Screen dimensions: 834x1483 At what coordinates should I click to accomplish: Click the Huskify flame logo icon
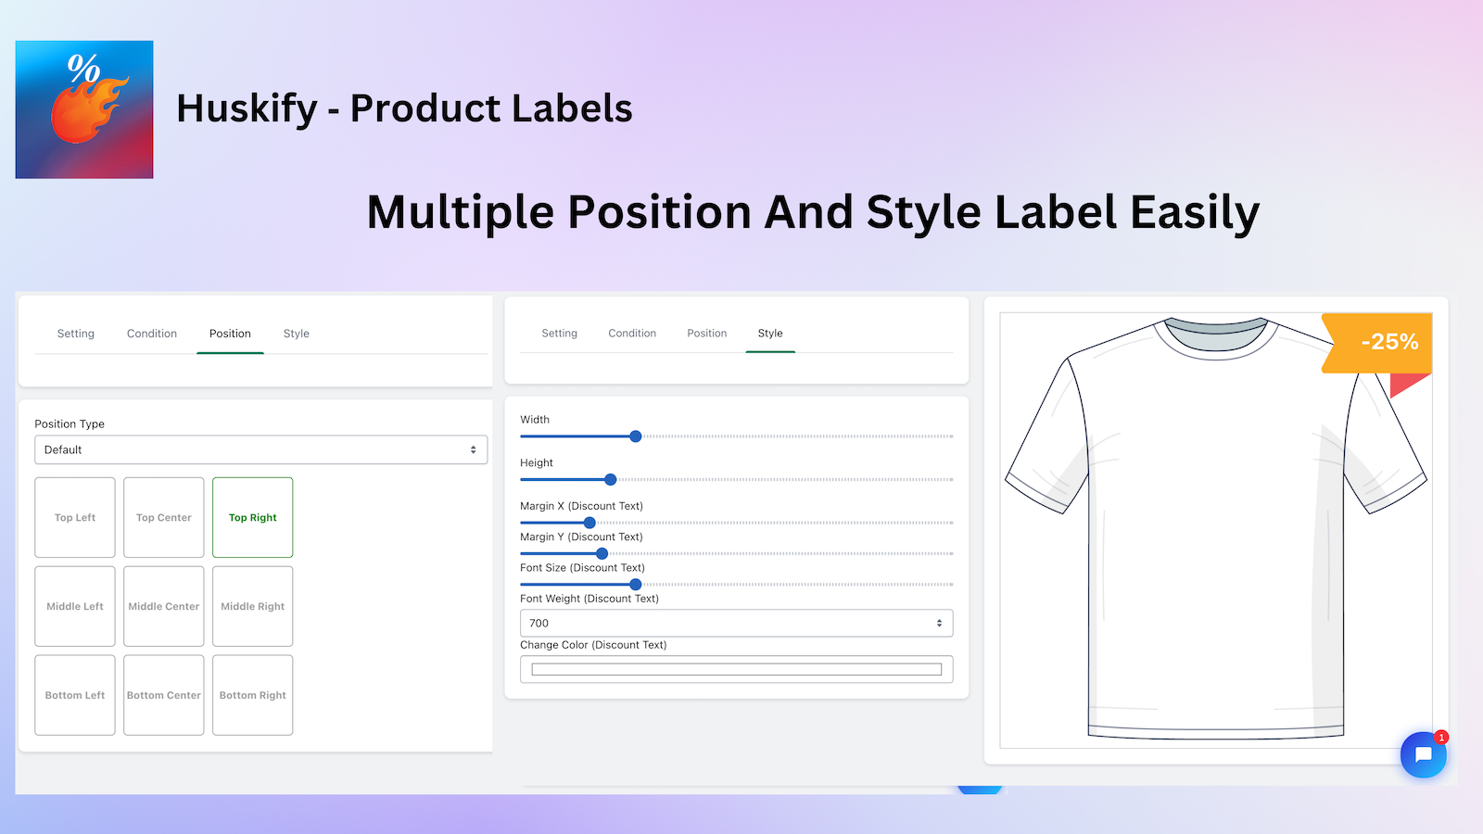pyautogui.click(x=84, y=109)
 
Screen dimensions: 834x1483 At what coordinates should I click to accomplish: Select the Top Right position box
pyautogui.click(x=252, y=517)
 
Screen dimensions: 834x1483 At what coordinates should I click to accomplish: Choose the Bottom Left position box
pyautogui.click(x=75, y=695)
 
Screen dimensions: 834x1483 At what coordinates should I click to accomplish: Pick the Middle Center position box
pyautogui.click(x=164, y=606)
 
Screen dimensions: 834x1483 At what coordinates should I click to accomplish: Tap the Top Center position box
pyautogui.click(x=164, y=517)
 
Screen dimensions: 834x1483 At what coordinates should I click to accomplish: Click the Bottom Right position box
pyautogui.click(x=252, y=695)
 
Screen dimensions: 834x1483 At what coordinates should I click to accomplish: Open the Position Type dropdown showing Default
pyautogui.click(x=260, y=449)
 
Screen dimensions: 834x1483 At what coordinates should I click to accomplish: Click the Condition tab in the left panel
pyautogui.click(x=152, y=334)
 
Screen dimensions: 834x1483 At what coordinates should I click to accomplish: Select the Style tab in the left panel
pyautogui.click(x=297, y=334)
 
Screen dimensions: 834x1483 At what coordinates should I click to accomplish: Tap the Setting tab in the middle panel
pyautogui.click(x=559, y=334)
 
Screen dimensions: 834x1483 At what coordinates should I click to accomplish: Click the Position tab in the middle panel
pyautogui.click(x=706, y=334)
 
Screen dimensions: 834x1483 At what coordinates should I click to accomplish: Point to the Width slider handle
pyautogui.click(x=636, y=436)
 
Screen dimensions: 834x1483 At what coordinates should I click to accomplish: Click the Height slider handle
pyautogui.click(x=611, y=480)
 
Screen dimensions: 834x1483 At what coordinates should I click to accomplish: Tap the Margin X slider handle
pyautogui.click(x=589, y=523)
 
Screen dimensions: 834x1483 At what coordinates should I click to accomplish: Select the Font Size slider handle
pyautogui.click(x=636, y=585)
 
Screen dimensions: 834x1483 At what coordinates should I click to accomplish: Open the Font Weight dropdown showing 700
pyautogui.click(x=736, y=624)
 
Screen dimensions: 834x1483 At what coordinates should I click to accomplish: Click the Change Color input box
pyautogui.click(x=736, y=669)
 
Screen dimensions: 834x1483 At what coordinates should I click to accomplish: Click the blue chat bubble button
pyautogui.click(x=1423, y=754)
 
